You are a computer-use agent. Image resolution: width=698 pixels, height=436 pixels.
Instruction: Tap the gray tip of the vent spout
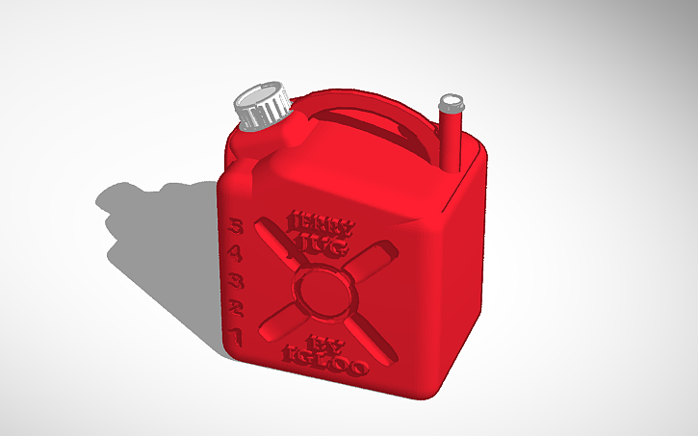[x=451, y=101]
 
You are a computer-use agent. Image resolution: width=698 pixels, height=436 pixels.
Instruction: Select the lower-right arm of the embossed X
[x=370, y=338]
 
